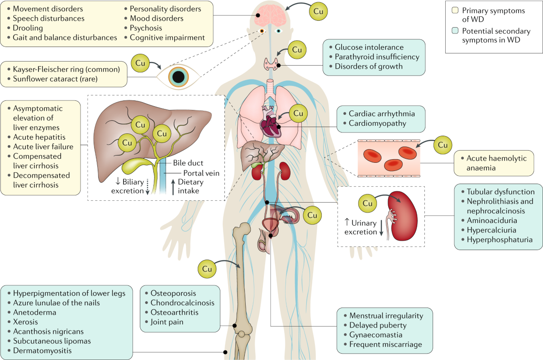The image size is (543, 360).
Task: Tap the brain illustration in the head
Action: [271, 17]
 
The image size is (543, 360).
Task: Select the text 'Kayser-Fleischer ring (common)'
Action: [66, 69]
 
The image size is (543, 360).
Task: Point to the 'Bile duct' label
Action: [188, 163]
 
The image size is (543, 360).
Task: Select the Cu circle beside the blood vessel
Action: [443, 145]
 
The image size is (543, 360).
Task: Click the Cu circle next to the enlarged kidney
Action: [367, 204]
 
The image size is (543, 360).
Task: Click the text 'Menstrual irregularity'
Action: [386, 315]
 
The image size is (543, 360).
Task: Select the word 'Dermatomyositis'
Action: [42, 351]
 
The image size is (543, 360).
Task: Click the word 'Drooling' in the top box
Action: [28, 28]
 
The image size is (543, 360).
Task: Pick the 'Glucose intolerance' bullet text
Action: [369, 47]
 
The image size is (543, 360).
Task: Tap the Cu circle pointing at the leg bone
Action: [207, 269]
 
